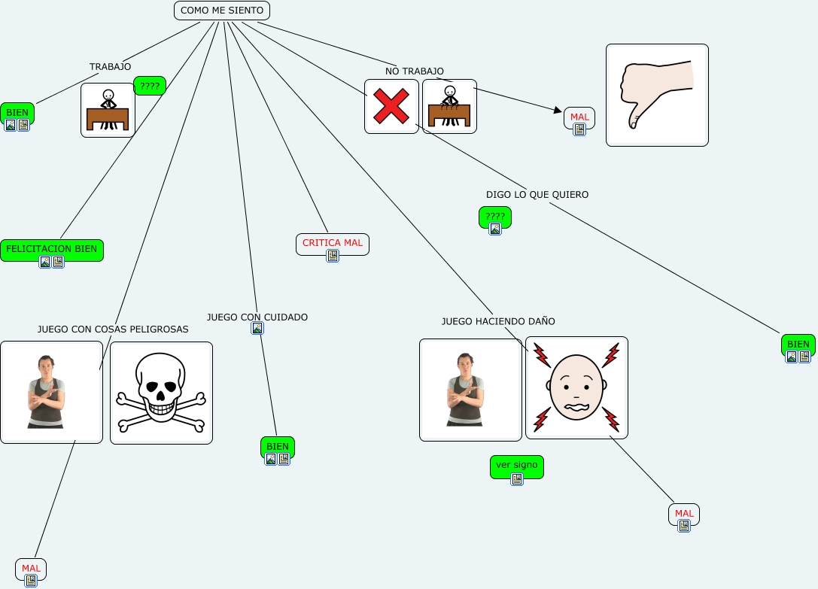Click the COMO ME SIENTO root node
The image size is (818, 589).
click(222, 11)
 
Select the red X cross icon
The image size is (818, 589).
click(391, 106)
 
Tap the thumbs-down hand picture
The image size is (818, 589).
click(657, 95)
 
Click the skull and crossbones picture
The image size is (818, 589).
click(161, 393)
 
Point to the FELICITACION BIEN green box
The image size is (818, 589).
click(51, 249)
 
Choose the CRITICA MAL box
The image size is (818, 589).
click(333, 243)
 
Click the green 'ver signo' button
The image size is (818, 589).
click(516, 466)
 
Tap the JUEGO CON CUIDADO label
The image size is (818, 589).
click(257, 317)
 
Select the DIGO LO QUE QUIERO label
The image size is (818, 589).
click(537, 194)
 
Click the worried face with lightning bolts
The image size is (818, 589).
click(576, 387)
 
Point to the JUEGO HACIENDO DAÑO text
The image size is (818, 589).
click(498, 321)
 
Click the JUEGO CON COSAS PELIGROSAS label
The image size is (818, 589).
click(113, 329)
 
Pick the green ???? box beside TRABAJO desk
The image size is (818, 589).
click(150, 86)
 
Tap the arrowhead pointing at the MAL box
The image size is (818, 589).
click(558, 111)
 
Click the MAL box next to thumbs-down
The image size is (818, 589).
click(579, 117)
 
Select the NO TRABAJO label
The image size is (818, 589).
click(415, 71)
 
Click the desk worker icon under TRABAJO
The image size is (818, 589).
click(108, 110)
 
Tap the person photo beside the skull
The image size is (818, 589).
click(51, 392)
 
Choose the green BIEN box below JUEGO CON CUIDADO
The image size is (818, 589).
click(278, 447)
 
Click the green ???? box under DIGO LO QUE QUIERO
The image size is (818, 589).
click(495, 217)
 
